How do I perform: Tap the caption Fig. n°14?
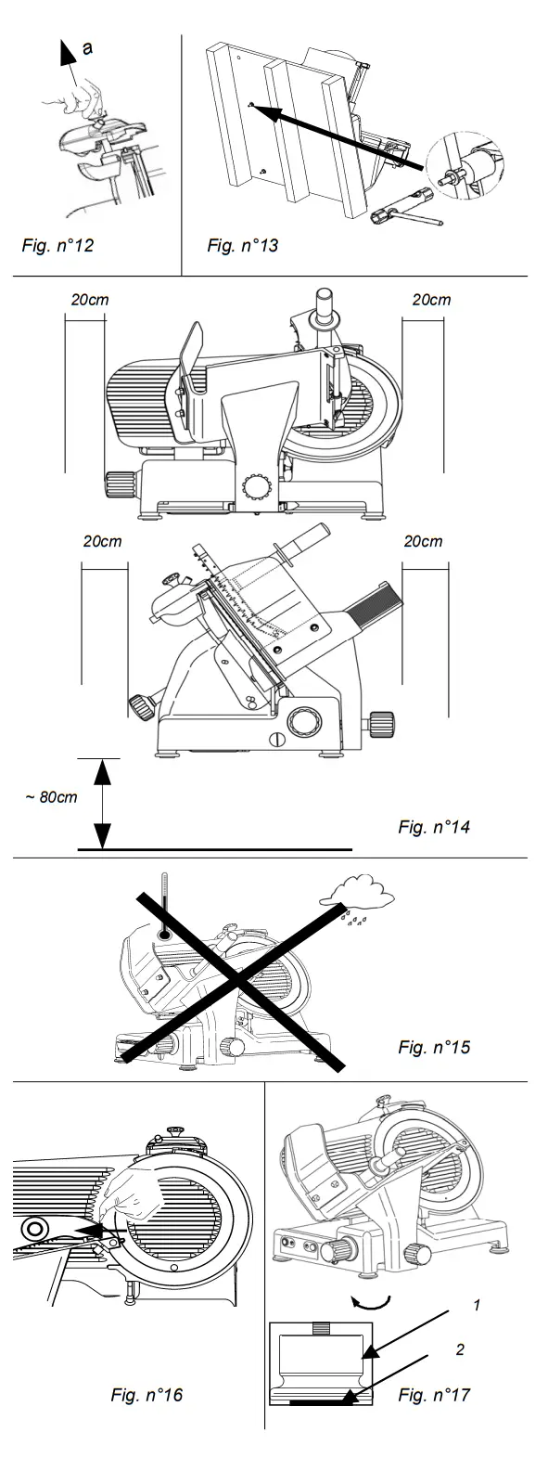[434, 826]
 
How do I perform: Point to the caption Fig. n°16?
[147, 1395]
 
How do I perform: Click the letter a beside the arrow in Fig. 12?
[87, 49]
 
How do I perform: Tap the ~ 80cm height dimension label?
[51, 797]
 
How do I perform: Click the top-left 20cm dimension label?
[90, 300]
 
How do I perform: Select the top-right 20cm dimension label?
[431, 300]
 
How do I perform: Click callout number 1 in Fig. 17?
[476, 1306]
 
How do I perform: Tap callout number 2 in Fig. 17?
[460, 1349]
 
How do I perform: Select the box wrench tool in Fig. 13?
[402, 220]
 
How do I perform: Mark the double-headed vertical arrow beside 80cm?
[103, 803]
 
